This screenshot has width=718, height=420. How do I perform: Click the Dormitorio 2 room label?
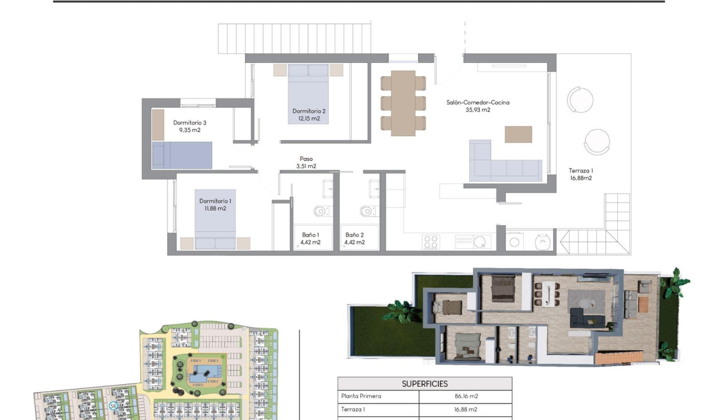309,111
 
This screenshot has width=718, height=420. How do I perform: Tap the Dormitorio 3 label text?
190,122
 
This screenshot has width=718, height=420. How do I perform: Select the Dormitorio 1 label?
215,201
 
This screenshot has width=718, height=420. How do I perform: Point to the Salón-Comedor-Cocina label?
478,102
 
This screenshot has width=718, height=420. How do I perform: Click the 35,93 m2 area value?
478,110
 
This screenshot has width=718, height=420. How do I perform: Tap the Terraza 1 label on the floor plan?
581,171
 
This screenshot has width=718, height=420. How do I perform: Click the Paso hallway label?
306,159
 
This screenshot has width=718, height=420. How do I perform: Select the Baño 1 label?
311,235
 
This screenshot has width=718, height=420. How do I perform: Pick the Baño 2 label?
355,235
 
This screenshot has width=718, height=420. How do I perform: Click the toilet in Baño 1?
321,211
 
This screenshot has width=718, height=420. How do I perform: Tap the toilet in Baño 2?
367,211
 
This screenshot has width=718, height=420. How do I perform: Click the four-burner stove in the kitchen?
431,241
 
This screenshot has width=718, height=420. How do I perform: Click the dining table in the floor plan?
403,103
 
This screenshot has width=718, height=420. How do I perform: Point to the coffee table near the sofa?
518,135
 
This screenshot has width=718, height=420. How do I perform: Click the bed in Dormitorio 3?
183,155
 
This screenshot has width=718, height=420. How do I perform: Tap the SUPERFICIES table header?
425,384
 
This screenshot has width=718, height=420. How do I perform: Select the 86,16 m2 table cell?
466,397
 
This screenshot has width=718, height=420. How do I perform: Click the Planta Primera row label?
361,397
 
